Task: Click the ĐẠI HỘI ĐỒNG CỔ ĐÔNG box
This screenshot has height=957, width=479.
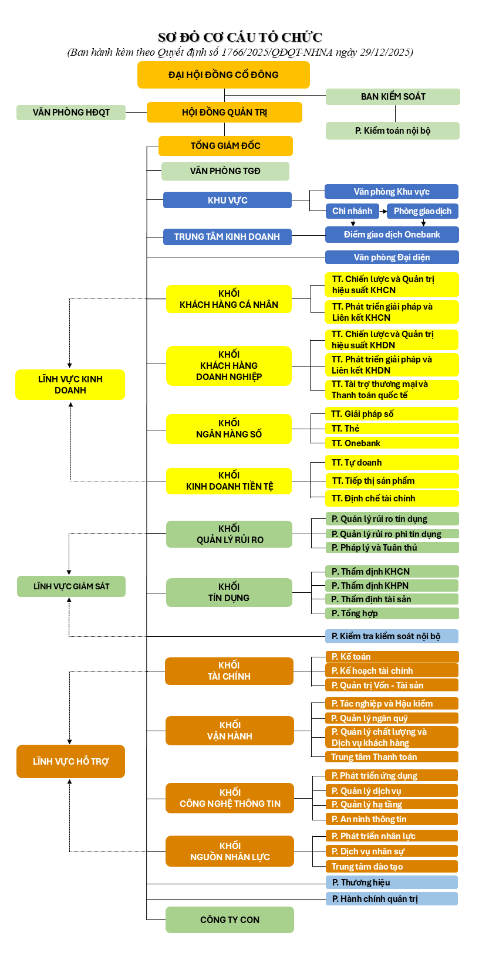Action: [223, 74]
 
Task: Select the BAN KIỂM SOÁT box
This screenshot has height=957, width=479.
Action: [393, 97]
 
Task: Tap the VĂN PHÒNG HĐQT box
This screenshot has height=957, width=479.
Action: [71, 113]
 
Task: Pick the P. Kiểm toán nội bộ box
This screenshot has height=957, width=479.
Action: [392, 131]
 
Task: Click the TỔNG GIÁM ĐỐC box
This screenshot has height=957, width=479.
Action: [225, 146]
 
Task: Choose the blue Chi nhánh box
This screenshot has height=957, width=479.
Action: [352, 211]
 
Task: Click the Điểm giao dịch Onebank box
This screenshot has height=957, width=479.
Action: [392, 235]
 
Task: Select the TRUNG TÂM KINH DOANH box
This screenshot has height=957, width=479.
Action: [227, 237]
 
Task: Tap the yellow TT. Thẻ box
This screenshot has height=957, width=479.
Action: [392, 429]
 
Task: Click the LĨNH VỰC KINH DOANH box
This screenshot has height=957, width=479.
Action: [70, 385]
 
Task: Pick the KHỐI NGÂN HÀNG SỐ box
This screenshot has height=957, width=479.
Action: [229, 429]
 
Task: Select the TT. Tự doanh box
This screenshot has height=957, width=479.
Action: [392, 463]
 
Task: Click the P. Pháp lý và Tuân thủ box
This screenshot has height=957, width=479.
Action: [392, 548]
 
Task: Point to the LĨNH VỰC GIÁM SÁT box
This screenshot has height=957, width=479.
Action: [71, 586]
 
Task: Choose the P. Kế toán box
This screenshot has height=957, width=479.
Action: [392, 657]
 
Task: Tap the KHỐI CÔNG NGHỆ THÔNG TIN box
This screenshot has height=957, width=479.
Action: [230, 798]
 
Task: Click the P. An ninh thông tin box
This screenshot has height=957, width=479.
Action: [392, 819]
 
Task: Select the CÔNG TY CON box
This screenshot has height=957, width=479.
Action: [230, 919]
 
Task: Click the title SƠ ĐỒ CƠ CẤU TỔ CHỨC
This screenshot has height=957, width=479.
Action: [240, 38]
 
